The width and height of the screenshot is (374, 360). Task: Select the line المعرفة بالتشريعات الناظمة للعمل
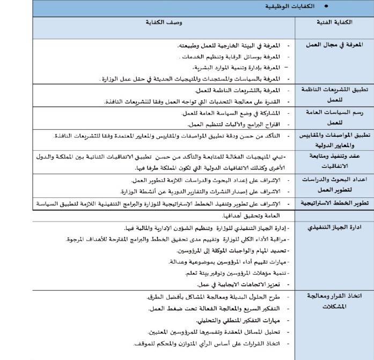(234, 90)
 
